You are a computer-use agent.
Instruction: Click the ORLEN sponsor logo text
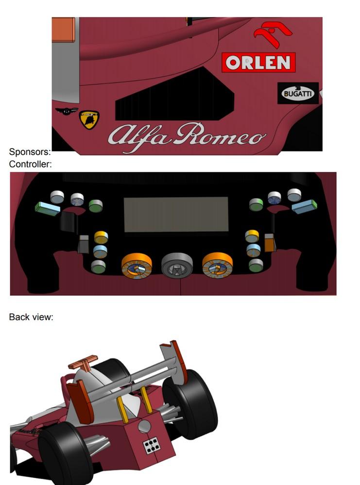[258, 63]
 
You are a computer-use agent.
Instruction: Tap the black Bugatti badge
[298, 93]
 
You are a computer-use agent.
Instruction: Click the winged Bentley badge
[67, 111]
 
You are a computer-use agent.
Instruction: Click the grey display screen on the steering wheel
[176, 215]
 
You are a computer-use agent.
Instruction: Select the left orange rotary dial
[137, 266]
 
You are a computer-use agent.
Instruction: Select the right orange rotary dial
[217, 265]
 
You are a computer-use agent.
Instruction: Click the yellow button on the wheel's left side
[101, 237]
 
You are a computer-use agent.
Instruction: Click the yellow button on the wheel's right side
[252, 236]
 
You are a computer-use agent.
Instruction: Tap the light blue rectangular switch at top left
[47, 209]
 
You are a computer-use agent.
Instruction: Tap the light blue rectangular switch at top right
[305, 207]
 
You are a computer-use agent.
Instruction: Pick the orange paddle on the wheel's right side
[269, 243]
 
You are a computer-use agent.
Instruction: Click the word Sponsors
[30, 152]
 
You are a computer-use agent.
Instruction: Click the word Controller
[30, 164]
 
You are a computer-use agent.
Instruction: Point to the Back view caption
[31, 317]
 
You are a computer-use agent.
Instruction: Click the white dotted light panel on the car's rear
[153, 445]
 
